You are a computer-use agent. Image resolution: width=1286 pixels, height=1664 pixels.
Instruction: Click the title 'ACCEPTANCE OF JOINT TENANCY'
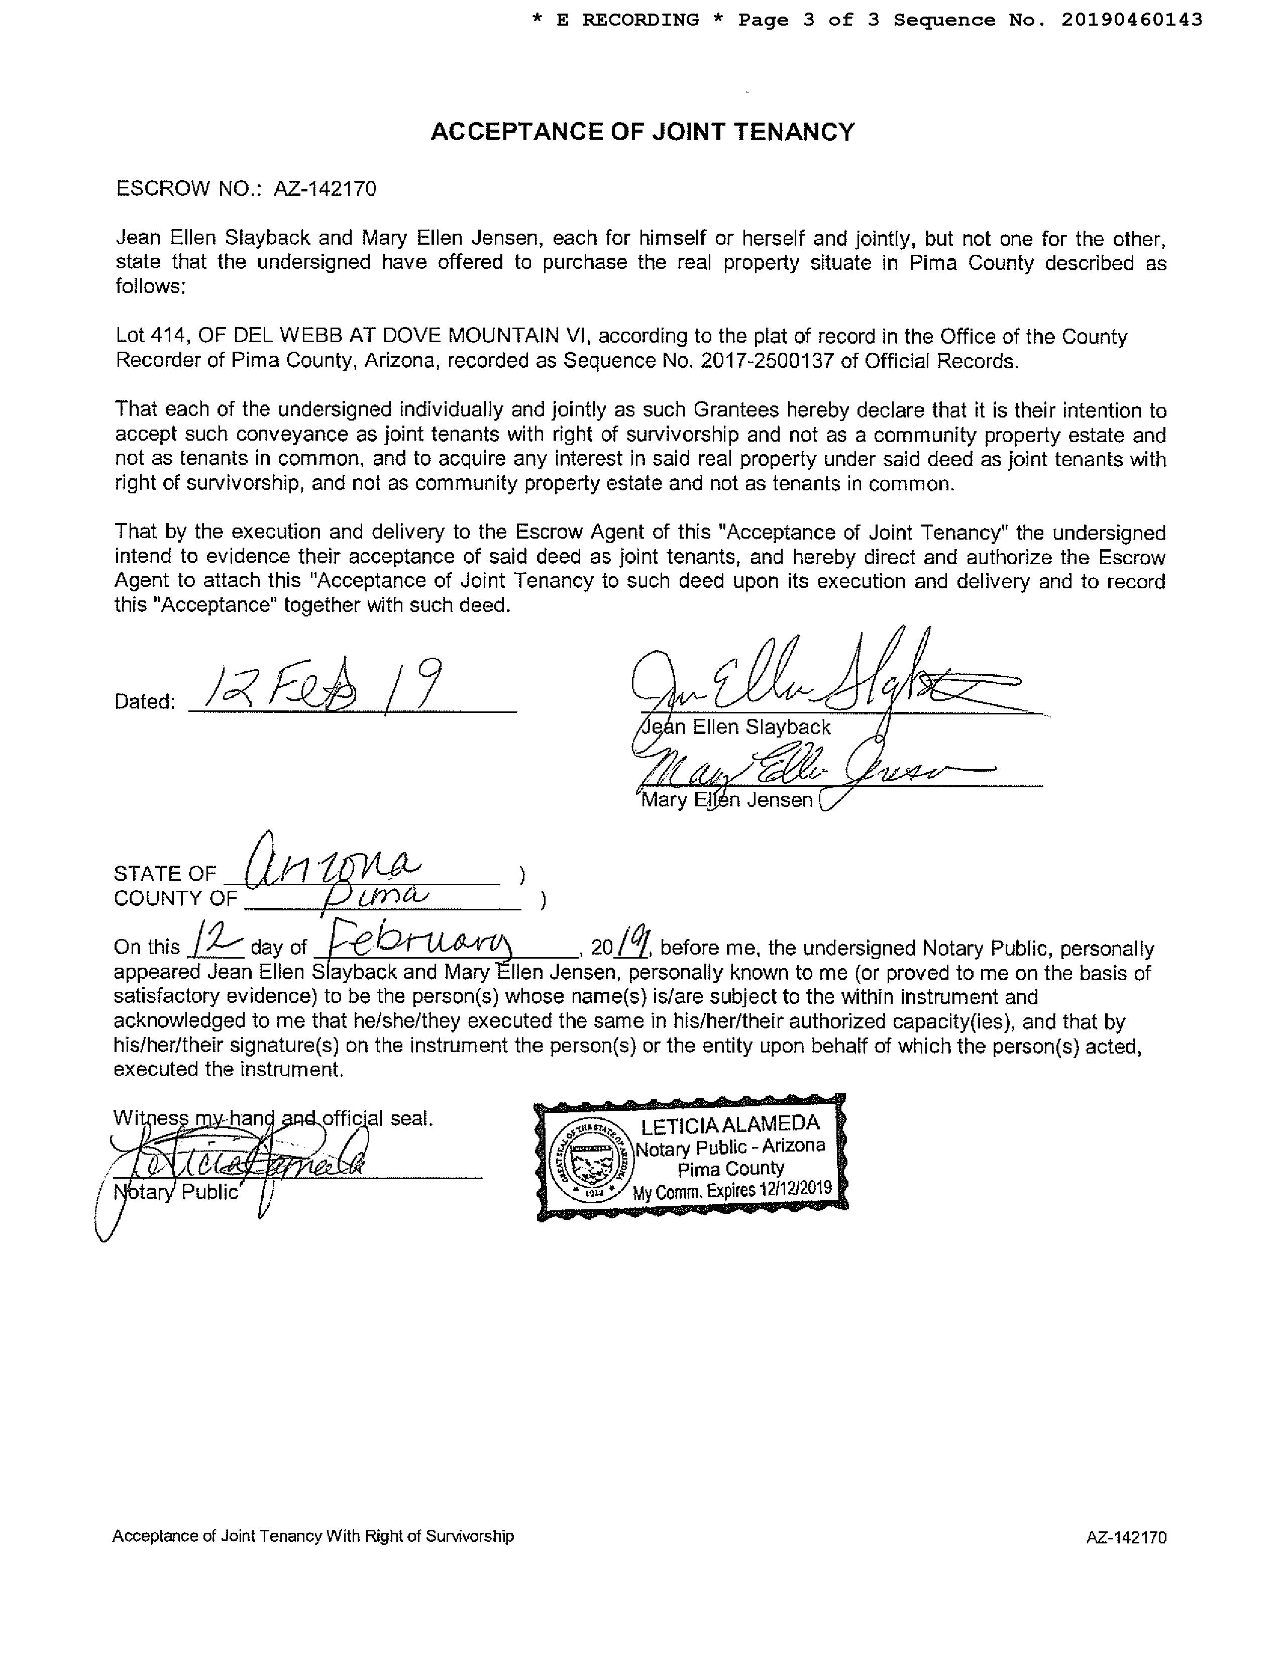[642, 133]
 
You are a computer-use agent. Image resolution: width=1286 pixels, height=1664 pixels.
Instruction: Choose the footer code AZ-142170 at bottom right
[1126, 1537]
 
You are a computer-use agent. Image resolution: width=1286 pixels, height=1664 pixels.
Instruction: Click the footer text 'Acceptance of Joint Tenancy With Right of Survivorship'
[313, 1536]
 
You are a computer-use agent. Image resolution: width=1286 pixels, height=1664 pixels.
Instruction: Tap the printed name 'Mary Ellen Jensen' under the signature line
[727, 800]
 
